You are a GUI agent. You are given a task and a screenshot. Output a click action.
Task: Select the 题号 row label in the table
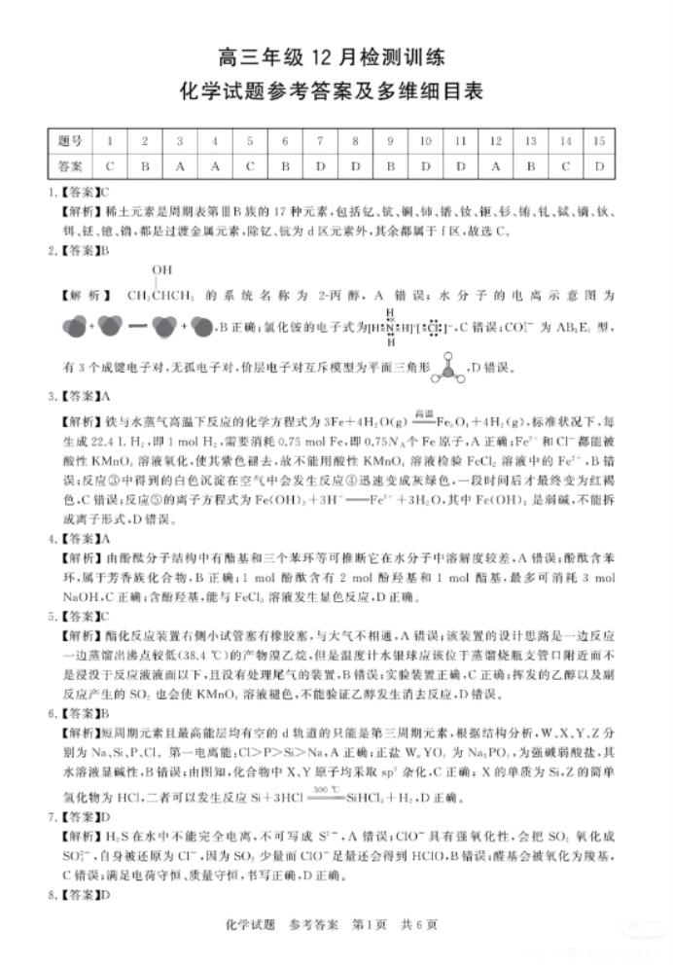(70, 142)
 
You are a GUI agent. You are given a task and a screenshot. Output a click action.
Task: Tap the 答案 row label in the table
(70, 166)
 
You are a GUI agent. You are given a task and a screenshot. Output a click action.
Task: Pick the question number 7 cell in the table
(320, 142)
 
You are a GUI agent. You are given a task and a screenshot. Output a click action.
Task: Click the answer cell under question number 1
(110, 166)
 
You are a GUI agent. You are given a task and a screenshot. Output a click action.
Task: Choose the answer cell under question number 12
(495, 166)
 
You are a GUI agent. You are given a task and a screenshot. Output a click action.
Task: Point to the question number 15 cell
(599, 142)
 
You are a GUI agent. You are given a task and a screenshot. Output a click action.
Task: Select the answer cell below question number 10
(425, 166)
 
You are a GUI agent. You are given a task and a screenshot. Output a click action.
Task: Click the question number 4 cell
(215, 142)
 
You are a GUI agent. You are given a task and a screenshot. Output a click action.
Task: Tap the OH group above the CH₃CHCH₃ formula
(161, 268)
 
